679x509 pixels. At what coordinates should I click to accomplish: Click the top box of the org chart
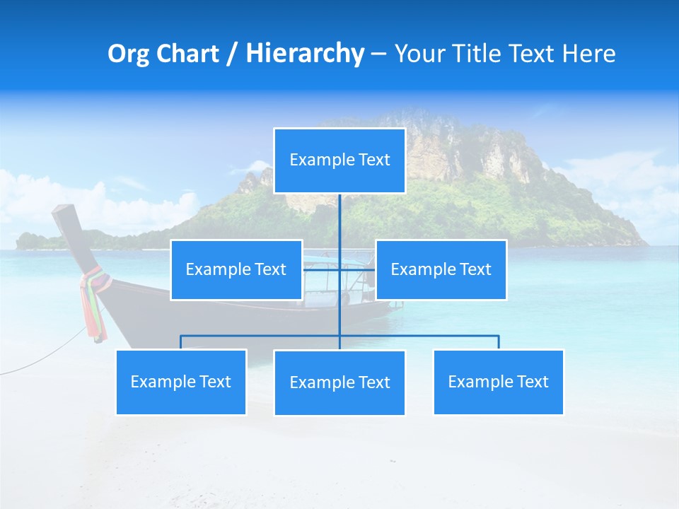(x=339, y=160)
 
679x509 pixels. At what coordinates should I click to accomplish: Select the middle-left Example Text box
(x=236, y=269)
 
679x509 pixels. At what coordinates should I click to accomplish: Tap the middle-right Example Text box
(x=441, y=269)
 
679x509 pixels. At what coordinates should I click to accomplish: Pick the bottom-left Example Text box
(x=181, y=382)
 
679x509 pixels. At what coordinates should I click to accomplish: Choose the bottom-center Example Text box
(x=339, y=382)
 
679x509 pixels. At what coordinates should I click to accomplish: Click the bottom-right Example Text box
(x=498, y=382)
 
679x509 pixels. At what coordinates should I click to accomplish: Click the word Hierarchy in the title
(x=304, y=53)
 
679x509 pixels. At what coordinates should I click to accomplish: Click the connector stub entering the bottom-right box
(x=499, y=342)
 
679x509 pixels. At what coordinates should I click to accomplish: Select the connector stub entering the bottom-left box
(x=181, y=342)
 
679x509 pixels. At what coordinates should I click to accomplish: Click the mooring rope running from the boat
(x=42, y=357)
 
